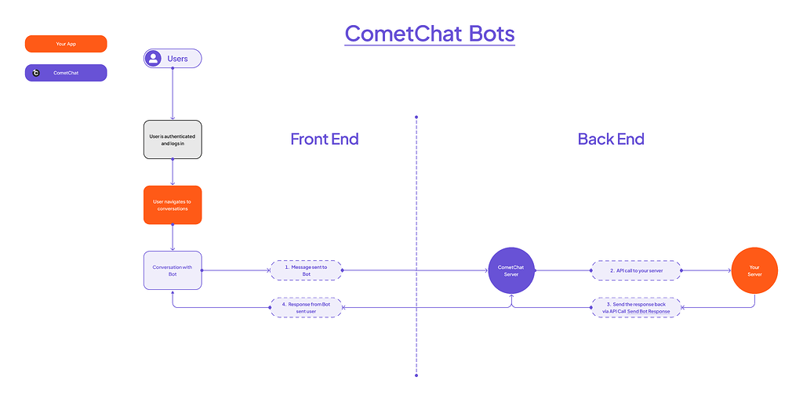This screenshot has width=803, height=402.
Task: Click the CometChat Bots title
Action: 430,34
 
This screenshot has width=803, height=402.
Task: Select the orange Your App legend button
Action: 66,44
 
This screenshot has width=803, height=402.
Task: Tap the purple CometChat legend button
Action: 66,73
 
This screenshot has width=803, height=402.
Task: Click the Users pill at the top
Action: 173,59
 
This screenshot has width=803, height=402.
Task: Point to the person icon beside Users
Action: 154,59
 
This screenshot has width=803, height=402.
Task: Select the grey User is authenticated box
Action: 173,139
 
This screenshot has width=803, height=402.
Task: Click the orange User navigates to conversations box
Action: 173,205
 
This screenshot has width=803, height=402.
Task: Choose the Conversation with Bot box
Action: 173,270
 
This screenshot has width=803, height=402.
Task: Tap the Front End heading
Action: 324,139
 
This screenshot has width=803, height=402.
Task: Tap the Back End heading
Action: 611,139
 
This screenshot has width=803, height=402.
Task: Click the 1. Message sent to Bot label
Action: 306,270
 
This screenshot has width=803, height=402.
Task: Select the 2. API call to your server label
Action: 636,270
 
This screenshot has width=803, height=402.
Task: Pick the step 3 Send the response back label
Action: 636,307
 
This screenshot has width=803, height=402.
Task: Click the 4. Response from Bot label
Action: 306,307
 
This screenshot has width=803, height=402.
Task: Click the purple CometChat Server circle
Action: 511,270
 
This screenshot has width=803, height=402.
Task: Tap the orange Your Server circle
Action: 754,270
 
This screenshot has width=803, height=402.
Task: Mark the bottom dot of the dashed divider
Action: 416,375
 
